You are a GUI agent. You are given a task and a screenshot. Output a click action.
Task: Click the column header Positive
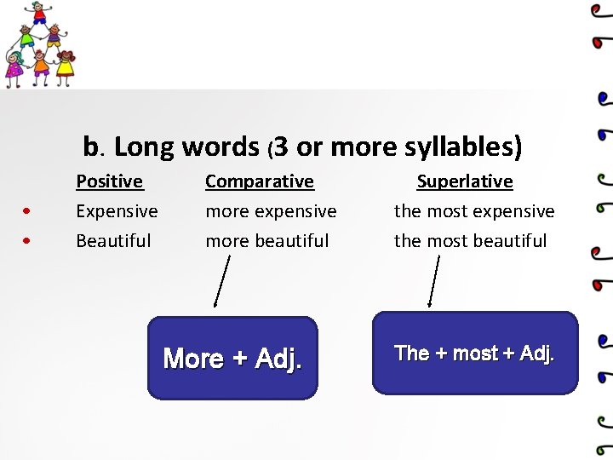pyautogui.click(x=109, y=181)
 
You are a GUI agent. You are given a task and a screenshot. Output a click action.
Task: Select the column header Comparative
pyautogui.click(x=260, y=181)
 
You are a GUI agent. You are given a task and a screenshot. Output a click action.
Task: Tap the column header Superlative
pyautogui.click(x=464, y=181)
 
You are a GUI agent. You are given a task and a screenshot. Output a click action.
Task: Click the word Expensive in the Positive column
pyautogui.click(x=117, y=210)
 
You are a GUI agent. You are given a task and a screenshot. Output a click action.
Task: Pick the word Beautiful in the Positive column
pyautogui.click(x=113, y=240)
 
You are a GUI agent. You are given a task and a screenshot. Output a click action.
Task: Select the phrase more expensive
pyautogui.click(x=271, y=210)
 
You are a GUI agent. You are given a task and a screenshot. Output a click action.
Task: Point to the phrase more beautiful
pyautogui.click(x=266, y=240)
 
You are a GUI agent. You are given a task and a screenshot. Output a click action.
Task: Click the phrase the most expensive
pyautogui.click(x=473, y=210)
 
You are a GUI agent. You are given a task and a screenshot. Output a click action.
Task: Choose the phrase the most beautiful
pyautogui.click(x=470, y=240)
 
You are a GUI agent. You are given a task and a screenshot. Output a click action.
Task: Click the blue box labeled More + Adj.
pyautogui.click(x=232, y=358)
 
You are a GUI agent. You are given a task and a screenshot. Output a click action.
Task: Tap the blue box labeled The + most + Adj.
pyautogui.click(x=474, y=353)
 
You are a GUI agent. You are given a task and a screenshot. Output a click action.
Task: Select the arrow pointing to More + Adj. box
pyautogui.click(x=221, y=281)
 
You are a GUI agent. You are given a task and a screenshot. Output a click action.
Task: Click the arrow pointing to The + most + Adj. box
pyautogui.click(x=433, y=281)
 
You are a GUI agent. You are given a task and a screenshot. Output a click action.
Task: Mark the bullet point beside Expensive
pyautogui.click(x=28, y=211)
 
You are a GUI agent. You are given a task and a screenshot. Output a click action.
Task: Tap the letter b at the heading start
pyautogui.click(x=90, y=147)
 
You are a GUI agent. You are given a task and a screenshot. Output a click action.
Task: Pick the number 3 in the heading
pyautogui.click(x=282, y=147)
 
